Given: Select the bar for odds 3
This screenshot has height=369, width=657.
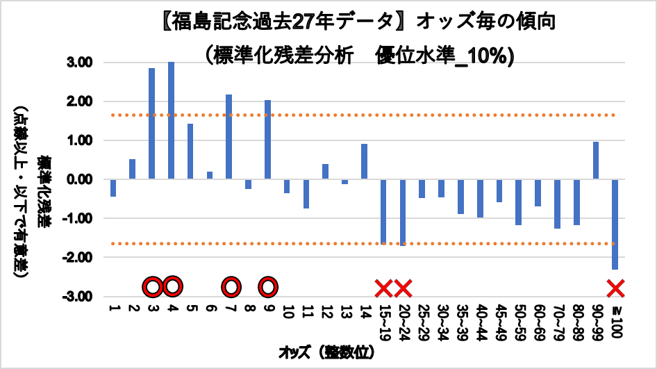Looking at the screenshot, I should [151, 124].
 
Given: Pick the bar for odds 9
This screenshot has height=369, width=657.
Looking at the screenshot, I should [267, 140].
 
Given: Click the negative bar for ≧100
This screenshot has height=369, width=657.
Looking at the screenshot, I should [615, 224].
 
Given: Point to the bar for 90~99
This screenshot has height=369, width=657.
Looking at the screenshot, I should [595, 161].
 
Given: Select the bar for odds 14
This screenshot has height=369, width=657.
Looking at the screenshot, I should [364, 162].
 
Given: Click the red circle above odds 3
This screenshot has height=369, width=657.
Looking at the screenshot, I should [152, 287].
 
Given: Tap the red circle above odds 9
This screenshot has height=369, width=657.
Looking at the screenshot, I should [268, 287].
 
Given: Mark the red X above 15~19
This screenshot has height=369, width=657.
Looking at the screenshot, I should [383, 287].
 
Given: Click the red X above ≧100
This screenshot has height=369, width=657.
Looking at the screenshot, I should [615, 287].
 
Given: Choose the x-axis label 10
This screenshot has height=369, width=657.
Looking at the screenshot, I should [287, 312].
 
